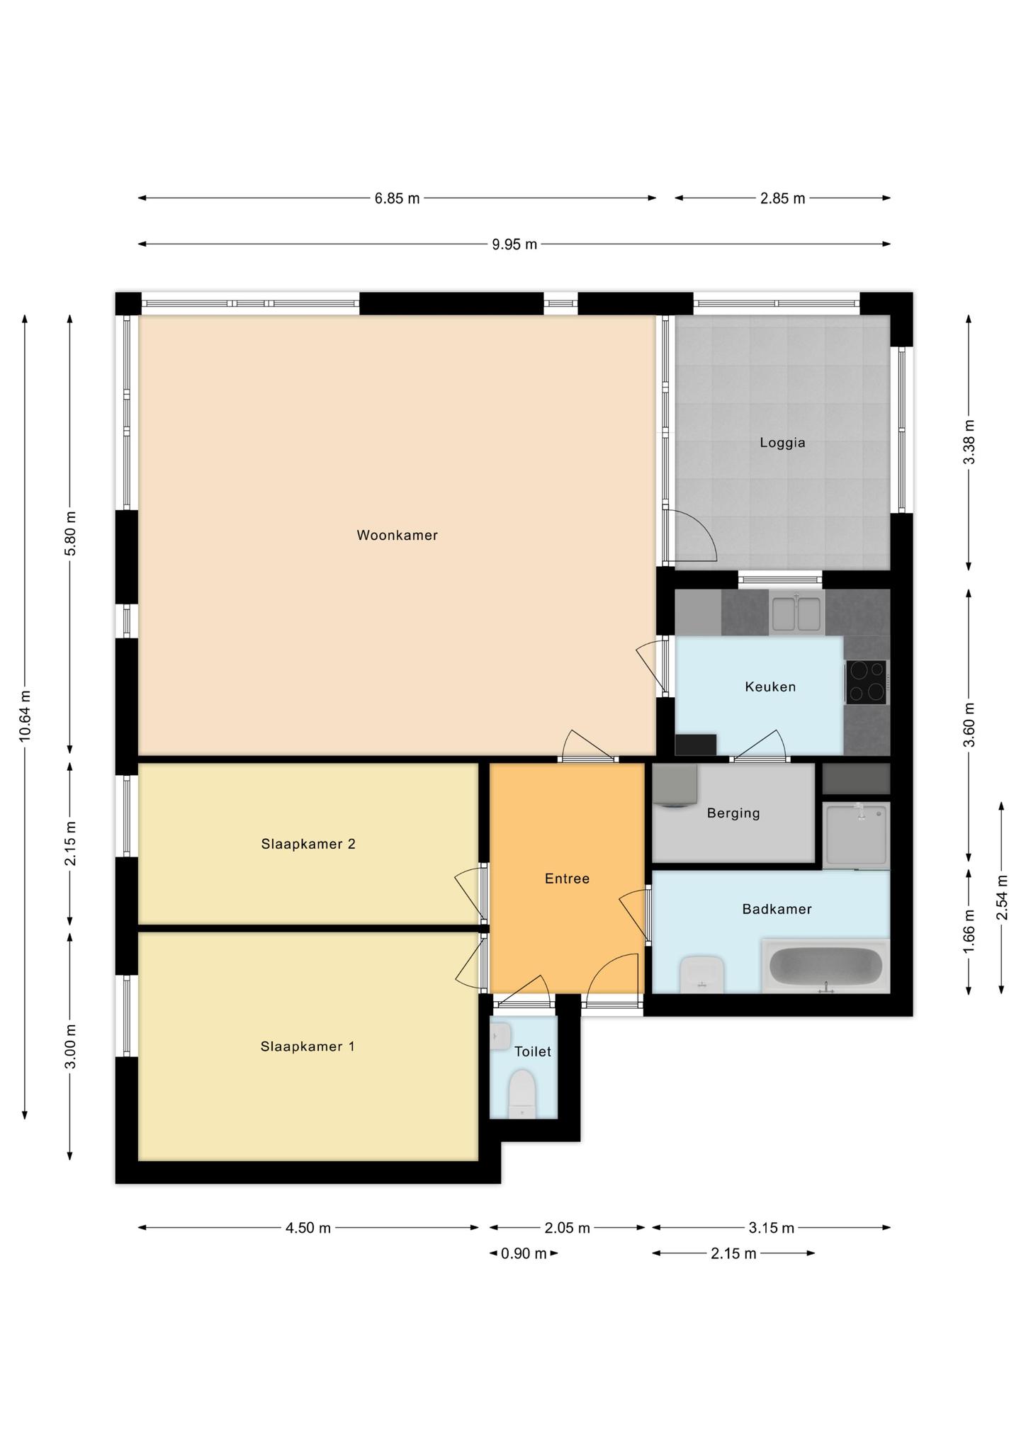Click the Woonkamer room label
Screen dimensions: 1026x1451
397,536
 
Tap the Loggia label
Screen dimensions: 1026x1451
782,443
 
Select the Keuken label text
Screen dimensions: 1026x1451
770,687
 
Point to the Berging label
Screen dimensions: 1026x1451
733,813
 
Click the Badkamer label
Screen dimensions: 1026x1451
777,909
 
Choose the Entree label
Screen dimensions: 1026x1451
567,879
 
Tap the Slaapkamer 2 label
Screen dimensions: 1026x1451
308,844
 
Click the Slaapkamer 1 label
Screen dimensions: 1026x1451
308,1046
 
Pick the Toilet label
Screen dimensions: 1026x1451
533,1051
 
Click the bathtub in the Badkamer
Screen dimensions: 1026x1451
825,965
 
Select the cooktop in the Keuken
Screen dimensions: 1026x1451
866,682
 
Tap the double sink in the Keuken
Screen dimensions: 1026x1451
796,613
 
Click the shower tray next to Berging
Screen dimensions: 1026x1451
856,835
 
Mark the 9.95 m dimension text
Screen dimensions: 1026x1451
514,244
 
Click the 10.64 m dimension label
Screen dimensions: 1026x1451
25,716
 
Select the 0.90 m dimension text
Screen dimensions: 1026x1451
524,1253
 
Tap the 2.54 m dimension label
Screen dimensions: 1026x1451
1001,898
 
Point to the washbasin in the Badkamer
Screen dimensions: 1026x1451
701,974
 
